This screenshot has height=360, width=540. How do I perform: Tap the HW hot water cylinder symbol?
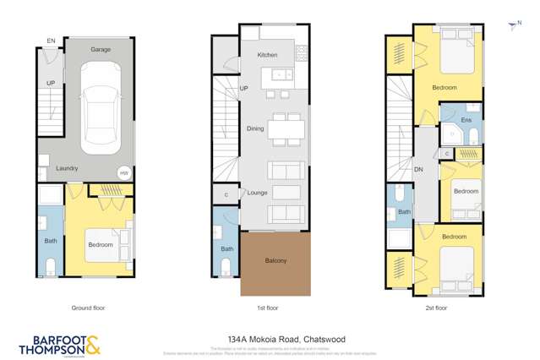[124, 172]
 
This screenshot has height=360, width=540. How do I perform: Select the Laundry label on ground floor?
[67, 168]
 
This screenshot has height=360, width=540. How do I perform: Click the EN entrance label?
[51, 41]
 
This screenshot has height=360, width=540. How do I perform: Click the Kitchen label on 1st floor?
[267, 55]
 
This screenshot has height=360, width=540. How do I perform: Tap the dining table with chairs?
[286, 128]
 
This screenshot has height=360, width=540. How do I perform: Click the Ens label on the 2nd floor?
[464, 121]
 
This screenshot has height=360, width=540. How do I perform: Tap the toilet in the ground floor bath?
[50, 267]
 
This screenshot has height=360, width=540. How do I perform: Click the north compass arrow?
[511, 26]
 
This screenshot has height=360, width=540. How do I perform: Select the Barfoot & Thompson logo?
[59, 344]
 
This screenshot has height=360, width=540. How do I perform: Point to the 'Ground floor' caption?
[88, 308]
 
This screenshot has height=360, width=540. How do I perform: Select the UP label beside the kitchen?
[244, 89]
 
